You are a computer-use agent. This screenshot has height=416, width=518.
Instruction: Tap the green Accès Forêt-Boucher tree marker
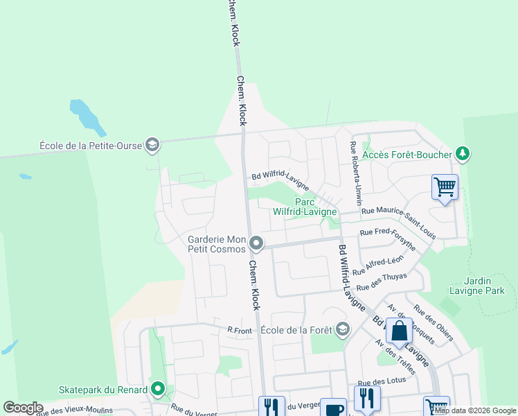coord(462,154)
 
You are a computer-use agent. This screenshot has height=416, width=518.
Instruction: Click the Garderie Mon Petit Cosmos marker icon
coord(256,243)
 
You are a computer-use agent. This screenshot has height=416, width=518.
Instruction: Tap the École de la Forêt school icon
coord(342,329)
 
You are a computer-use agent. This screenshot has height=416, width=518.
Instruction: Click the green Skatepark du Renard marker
coord(159,388)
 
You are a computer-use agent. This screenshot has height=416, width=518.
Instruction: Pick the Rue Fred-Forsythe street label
coord(388,239)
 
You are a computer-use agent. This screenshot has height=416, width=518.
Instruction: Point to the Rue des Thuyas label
coord(382,281)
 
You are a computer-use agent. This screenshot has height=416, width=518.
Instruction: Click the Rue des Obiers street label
coord(433,323)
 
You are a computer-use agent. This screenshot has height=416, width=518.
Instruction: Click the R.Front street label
coord(240,331)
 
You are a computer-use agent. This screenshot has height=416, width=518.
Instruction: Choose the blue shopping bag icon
coord(400,331)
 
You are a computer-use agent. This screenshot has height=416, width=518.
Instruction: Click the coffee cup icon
coord(333,408)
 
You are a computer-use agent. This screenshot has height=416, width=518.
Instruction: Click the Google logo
coord(23,408)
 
